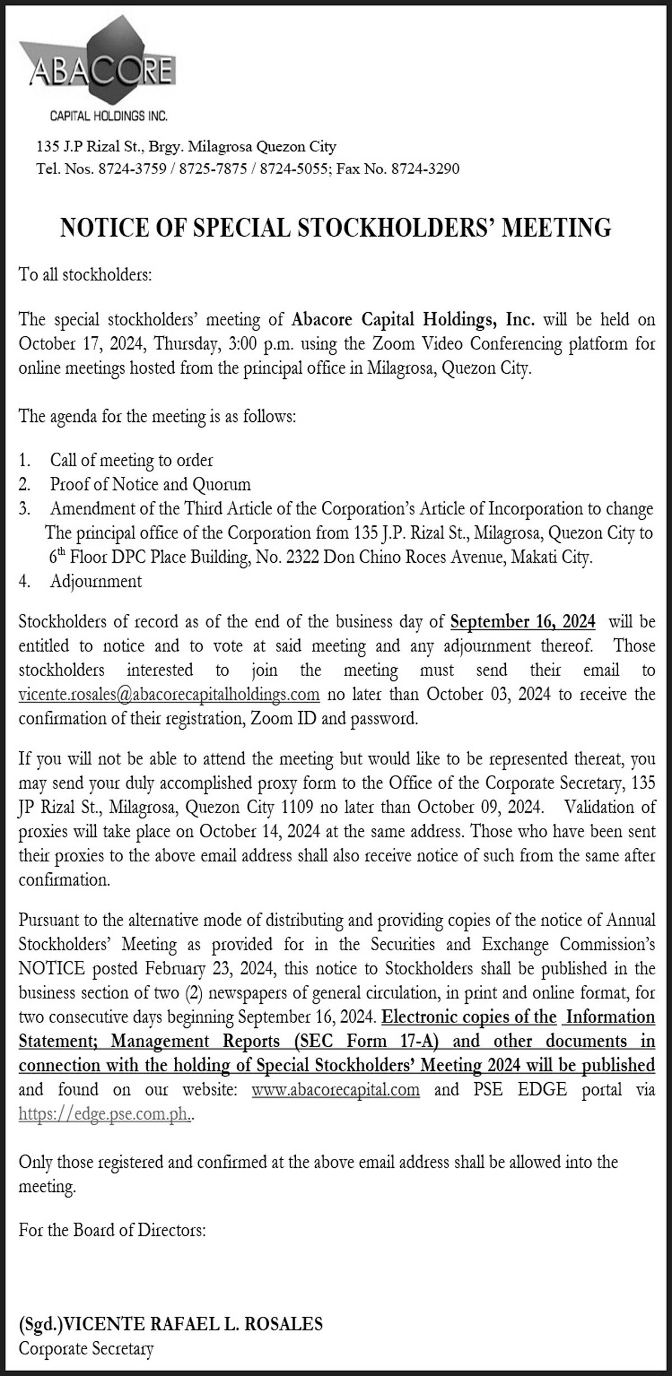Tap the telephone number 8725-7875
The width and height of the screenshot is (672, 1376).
click(x=213, y=168)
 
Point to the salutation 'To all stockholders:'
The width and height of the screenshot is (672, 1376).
click(x=85, y=275)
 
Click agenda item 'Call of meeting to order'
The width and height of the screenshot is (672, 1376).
click(x=132, y=460)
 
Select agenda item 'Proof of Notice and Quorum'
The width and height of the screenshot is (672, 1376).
click(x=150, y=483)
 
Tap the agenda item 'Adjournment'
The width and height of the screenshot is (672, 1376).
click(x=96, y=581)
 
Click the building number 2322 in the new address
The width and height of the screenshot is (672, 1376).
click(x=302, y=557)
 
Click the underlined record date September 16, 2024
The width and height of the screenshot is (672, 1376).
click(x=522, y=622)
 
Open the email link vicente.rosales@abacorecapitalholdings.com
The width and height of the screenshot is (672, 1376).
click(x=169, y=694)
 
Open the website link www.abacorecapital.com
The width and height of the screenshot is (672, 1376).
click(x=335, y=1089)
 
